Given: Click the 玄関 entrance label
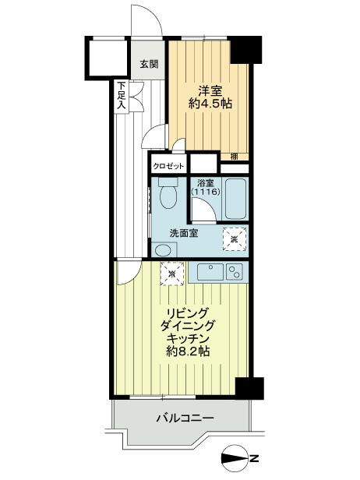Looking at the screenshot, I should [x=149, y=65].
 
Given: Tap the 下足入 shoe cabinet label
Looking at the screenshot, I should [x=122, y=95].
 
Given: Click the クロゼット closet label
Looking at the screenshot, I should [x=168, y=166].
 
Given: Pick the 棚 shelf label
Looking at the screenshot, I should [x=234, y=156].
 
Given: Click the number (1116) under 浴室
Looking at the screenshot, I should [x=206, y=192].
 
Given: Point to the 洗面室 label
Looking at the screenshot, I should [x=185, y=232].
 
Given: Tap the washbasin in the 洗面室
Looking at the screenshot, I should [x=163, y=249].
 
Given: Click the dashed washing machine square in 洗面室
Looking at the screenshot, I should [x=234, y=238].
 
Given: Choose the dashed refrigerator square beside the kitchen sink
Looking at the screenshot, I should [x=172, y=274].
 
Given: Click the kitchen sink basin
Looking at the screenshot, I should [x=209, y=272].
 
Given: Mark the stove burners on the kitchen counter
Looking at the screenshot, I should [x=234, y=272].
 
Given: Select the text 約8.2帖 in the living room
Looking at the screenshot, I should [x=188, y=352].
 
